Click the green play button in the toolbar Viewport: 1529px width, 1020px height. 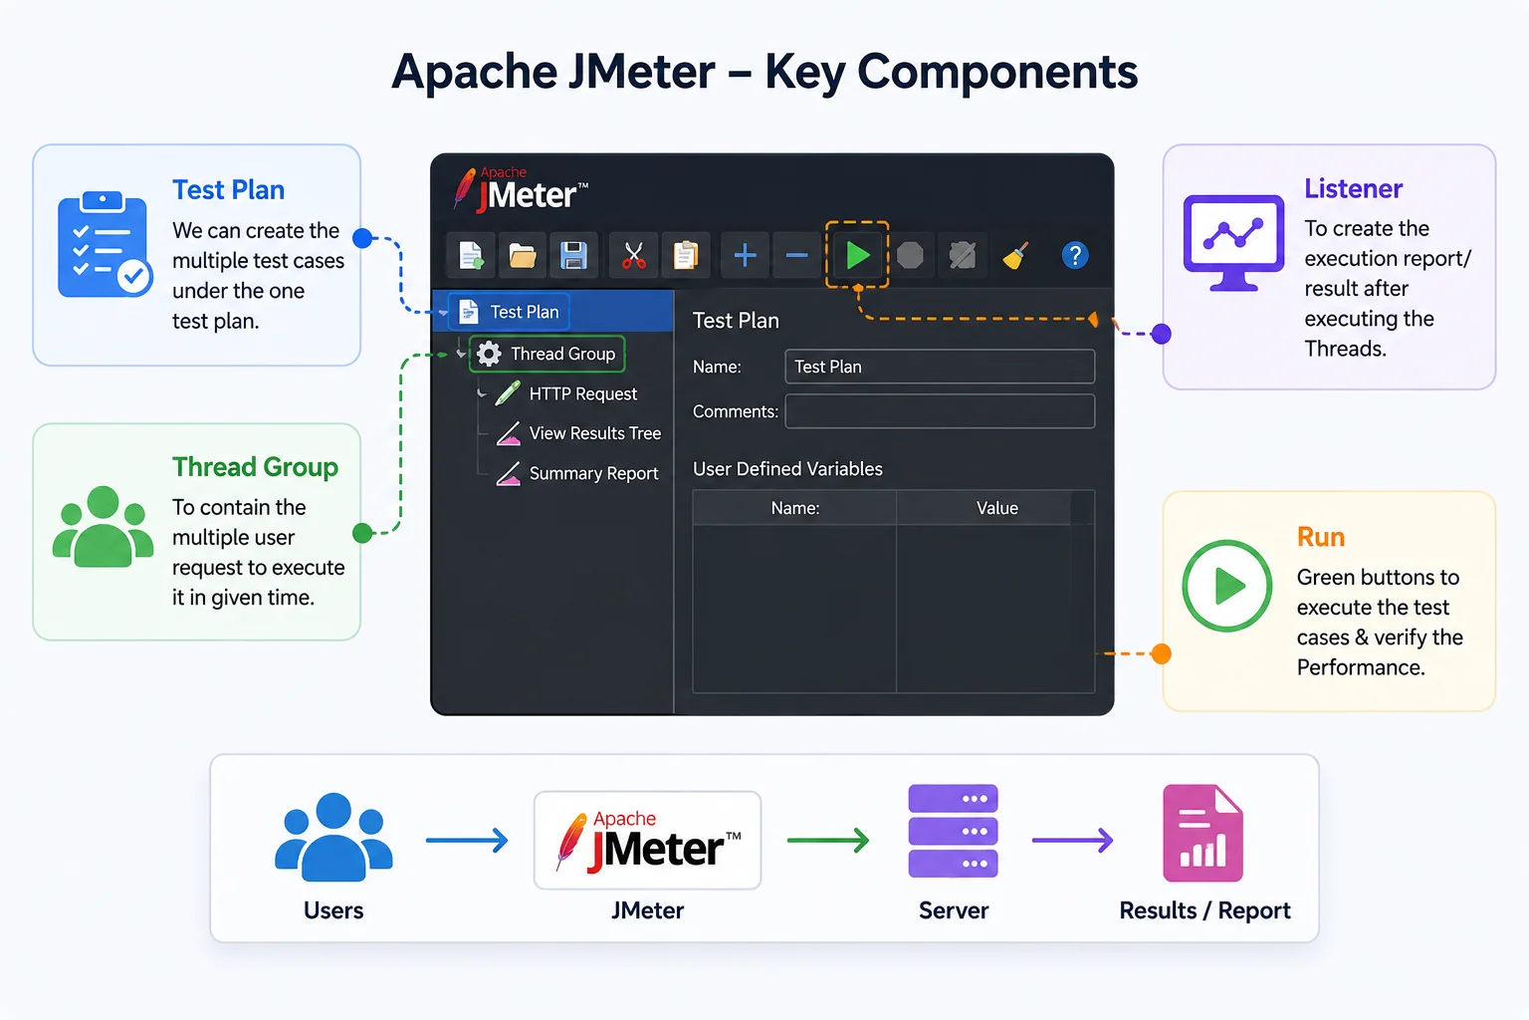[857, 256]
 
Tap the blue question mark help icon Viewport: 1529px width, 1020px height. [1074, 256]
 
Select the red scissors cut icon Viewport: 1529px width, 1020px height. [633, 256]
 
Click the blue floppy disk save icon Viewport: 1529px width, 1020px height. [573, 256]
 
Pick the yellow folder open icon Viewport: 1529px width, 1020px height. [523, 256]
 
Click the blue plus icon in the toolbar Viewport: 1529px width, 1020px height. [745, 256]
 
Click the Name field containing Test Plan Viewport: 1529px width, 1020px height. [940, 367]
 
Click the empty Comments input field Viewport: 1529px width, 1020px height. [940, 411]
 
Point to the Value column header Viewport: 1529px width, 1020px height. [996, 508]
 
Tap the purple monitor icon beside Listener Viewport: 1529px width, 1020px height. [1233, 242]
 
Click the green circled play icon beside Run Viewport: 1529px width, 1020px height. [1226, 586]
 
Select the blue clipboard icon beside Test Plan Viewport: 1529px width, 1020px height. [105, 245]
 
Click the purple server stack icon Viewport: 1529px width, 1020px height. [953, 831]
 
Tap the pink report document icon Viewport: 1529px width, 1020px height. [1202, 833]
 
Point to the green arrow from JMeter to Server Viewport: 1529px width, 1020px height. [828, 840]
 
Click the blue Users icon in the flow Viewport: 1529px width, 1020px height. [333, 837]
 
